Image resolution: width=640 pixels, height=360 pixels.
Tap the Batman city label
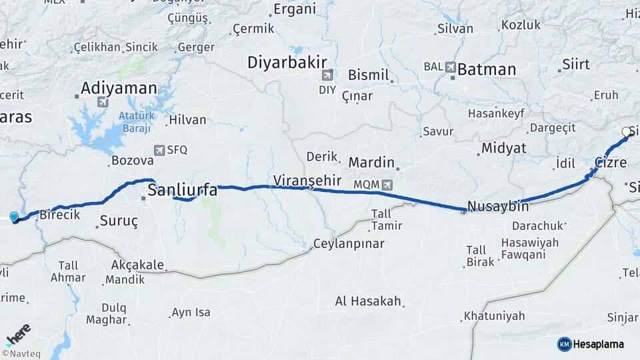point(487,69)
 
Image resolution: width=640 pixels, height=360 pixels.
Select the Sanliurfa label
point(182,191)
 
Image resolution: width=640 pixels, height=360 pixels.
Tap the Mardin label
point(371,163)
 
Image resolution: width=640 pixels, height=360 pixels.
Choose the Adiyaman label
point(119,88)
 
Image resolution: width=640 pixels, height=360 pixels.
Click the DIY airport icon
point(327,76)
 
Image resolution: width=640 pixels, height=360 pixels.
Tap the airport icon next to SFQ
point(159,151)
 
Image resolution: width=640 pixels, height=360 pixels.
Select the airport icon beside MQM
point(388,184)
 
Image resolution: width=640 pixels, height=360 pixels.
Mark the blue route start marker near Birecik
point(14,217)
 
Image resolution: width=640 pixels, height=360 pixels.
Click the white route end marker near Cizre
point(625,132)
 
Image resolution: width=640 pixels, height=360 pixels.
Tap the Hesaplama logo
point(591,344)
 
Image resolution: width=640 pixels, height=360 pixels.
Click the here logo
point(18,331)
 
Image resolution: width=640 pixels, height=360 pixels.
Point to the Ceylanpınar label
point(349,244)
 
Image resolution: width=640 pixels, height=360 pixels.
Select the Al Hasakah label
point(369,301)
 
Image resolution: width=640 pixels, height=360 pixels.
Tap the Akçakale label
point(137,265)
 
